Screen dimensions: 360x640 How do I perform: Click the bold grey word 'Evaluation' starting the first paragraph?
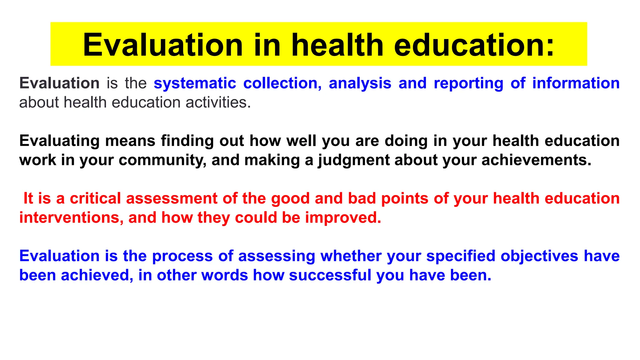point(59,83)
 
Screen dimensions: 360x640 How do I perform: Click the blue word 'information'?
point(576,83)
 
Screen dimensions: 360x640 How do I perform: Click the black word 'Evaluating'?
point(59,141)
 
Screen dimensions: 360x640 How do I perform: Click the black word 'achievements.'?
point(536,160)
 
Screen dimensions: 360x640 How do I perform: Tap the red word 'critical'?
point(95,198)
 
